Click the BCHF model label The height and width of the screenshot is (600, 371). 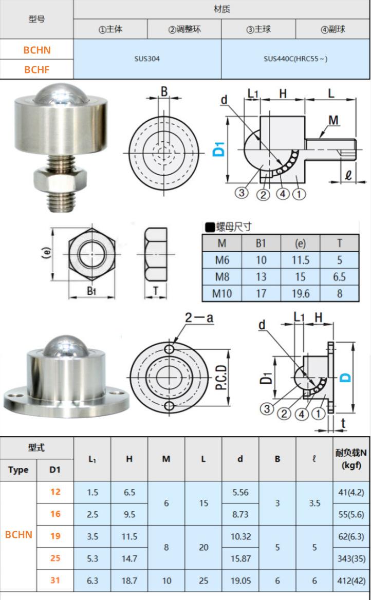37,70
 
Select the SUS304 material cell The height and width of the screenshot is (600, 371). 147,59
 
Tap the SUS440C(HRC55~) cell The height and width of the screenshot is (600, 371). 295,59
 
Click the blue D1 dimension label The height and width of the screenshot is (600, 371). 218,149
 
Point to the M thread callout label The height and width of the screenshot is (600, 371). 333,120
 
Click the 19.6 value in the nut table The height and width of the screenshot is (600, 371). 301,293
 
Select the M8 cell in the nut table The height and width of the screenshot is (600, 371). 222,277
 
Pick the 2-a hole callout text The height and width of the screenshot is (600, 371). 199,317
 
